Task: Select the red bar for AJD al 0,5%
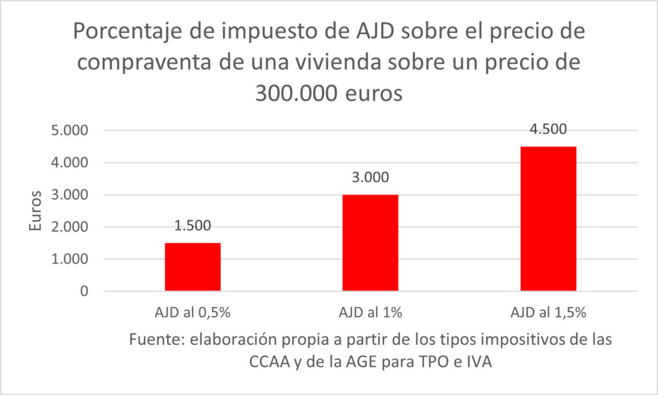(193, 267)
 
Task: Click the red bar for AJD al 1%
(370, 243)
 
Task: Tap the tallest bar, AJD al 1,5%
(548, 219)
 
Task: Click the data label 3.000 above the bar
(370, 177)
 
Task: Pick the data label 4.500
(548, 128)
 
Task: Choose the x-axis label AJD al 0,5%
(193, 313)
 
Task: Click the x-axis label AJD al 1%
(370, 313)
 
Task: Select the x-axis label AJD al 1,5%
(548, 313)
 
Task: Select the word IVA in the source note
(478, 362)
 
